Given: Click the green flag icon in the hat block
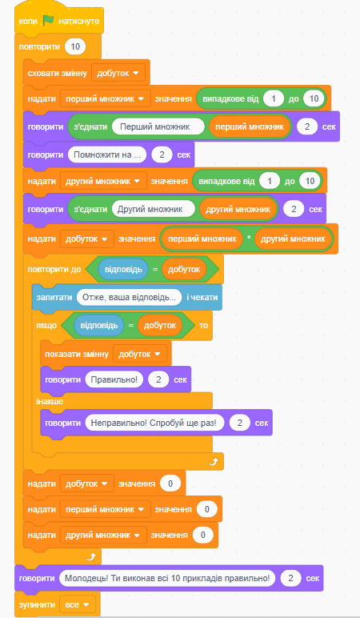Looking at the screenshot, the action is (x=49, y=21).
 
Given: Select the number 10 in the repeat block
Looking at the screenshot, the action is (x=75, y=47).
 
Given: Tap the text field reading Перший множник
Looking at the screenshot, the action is (x=158, y=127).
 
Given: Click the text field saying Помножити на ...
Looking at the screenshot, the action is (x=107, y=154).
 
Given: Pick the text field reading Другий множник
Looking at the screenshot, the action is (x=154, y=209).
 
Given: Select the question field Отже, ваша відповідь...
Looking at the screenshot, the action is (x=129, y=297).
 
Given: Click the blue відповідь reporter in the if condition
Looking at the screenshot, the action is (x=99, y=326).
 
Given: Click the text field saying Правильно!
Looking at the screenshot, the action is (x=114, y=380).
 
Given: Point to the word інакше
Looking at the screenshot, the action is (x=50, y=402).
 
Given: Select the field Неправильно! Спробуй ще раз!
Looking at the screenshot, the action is (x=154, y=423).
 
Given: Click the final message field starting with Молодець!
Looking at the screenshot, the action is (x=167, y=578).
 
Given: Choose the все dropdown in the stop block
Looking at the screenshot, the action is (x=78, y=604).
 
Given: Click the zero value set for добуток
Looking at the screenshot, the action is (x=170, y=484).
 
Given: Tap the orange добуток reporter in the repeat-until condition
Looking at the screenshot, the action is (x=184, y=270).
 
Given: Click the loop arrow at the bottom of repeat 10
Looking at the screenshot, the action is (x=91, y=556).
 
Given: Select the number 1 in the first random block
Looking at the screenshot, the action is (x=274, y=99).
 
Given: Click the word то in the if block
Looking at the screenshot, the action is (x=203, y=326).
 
